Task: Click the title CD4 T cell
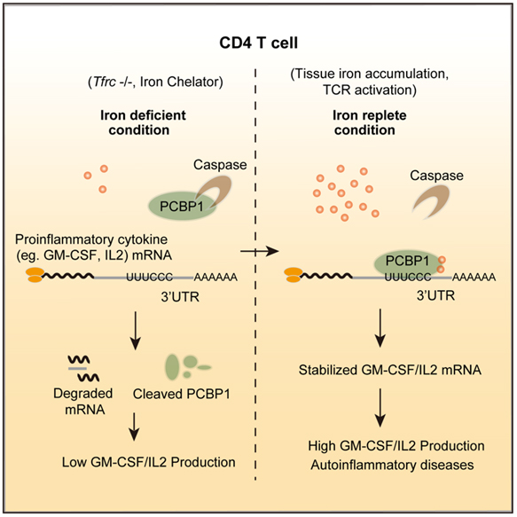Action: click(x=259, y=43)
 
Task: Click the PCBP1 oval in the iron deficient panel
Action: click(x=181, y=207)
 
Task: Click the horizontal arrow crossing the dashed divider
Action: click(x=260, y=251)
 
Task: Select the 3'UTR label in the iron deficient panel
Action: click(x=180, y=297)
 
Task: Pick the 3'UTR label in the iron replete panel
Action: click(x=435, y=296)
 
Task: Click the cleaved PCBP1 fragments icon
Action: click(x=187, y=366)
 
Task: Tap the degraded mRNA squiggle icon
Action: click(x=83, y=368)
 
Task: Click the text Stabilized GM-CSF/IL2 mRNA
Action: click(x=389, y=370)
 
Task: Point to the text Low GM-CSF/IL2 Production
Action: click(x=149, y=462)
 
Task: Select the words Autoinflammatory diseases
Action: click(x=392, y=465)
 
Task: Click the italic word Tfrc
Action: click(x=105, y=82)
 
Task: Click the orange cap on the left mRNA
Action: click(x=35, y=275)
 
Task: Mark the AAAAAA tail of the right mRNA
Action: click(x=474, y=278)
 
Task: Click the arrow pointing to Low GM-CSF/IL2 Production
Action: click(x=134, y=427)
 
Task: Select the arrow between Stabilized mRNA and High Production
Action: click(x=380, y=408)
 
